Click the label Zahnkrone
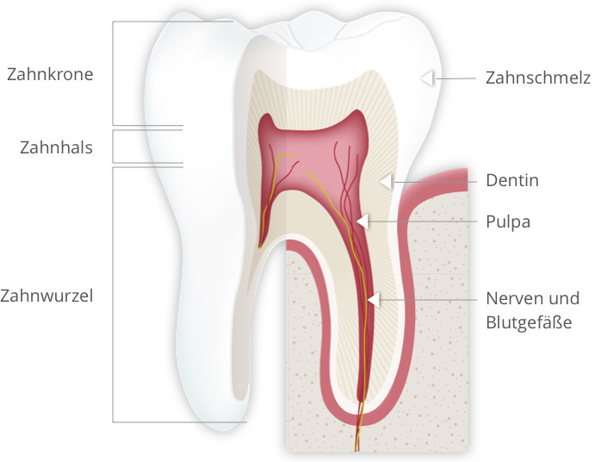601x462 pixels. pyautogui.click(x=50, y=74)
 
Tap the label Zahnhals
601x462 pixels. pyautogui.click(x=56, y=147)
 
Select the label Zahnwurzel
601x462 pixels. pyautogui.click(x=46, y=296)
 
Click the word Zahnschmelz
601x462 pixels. pyautogui.click(x=538, y=78)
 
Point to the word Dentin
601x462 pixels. pyautogui.click(x=512, y=180)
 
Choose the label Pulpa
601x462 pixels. pyautogui.click(x=508, y=222)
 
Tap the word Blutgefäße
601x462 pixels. pyautogui.click(x=529, y=322)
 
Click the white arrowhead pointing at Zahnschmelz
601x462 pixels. pyautogui.click(x=427, y=78)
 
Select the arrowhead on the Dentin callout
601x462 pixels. pyautogui.click(x=386, y=182)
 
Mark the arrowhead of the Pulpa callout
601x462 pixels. pyautogui.click(x=362, y=222)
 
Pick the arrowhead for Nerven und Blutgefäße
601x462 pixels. pyautogui.click(x=374, y=299)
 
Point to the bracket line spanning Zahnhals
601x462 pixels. pyautogui.click(x=113, y=147)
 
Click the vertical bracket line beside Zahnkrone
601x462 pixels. pyautogui.click(x=113, y=73)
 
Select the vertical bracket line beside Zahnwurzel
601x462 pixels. pyautogui.click(x=113, y=295)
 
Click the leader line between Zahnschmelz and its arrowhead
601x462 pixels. pyautogui.click(x=455, y=78)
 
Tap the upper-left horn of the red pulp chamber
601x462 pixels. pyautogui.click(x=267, y=120)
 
